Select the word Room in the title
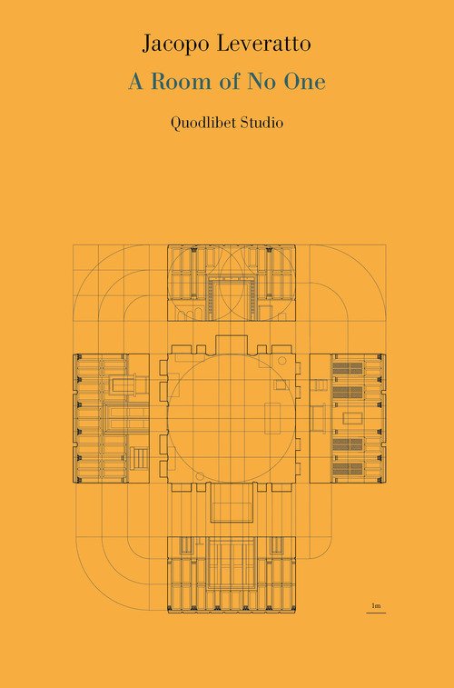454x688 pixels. click(x=184, y=82)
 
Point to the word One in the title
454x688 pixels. click(x=305, y=82)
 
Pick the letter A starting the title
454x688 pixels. click(x=136, y=82)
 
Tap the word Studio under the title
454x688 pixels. click(x=262, y=123)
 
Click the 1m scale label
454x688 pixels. click(x=376, y=606)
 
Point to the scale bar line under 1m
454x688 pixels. click(x=376, y=612)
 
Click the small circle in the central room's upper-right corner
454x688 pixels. click(x=282, y=361)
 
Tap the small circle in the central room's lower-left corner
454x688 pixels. click(x=200, y=476)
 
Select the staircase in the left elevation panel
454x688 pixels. click(x=139, y=458)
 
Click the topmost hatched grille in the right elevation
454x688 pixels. click(x=348, y=368)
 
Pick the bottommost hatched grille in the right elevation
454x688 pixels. click(x=348, y=469)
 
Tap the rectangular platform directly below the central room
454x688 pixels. click(x=232, y=503)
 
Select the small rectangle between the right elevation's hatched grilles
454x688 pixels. click(x=352, y=418)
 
